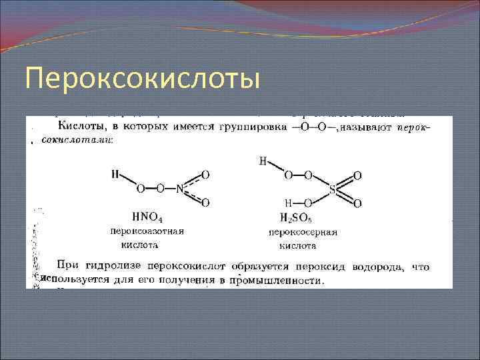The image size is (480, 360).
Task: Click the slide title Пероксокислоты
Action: pyautogui.click(x=141, y=79)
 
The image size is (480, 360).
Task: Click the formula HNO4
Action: pyautogui.click(x=148, y=216)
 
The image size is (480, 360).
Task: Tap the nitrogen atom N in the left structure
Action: pyautogui.click(x=179, y=189)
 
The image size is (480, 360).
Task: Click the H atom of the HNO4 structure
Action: pyautogui.click(x=115, y=174)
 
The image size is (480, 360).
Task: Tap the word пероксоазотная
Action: pyautogui.click(x=147, y=231)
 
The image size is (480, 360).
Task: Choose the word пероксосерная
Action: pyautogui.click(x=303, y=232)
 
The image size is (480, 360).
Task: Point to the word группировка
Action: pyautogui.click(x=255, y=127)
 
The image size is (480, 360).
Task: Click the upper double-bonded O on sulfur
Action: pyautogui.click(x=358, y=175)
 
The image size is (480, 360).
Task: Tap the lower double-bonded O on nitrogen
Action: pyautogui.click(x=205, y=202)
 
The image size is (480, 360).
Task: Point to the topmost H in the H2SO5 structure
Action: pyautogui.click(x=263, y=161)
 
